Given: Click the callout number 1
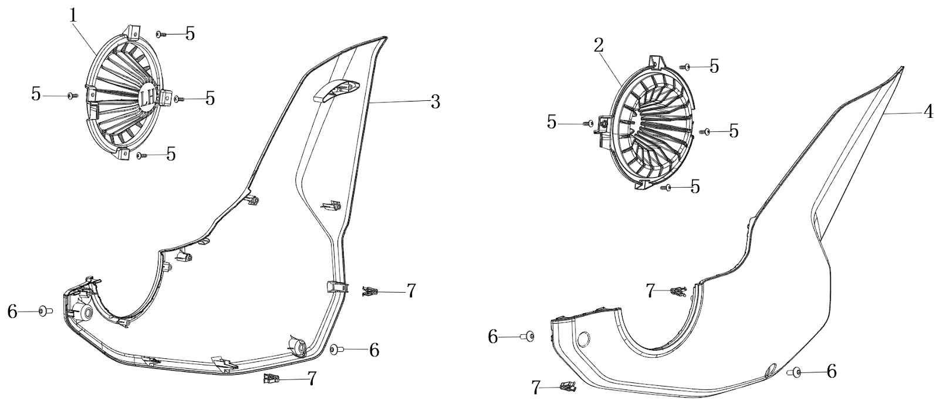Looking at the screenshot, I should click(73, 15).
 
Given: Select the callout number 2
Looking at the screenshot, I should click(599, 46).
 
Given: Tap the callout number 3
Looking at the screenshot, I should click(434, 101).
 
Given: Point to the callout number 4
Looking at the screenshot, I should click(928, 111).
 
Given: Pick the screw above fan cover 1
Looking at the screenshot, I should click(161, 35).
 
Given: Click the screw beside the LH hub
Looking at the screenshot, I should click(179, 99).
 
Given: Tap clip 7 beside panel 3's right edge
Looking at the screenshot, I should click(370, 290).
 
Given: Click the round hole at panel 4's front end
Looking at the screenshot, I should click(584, 338).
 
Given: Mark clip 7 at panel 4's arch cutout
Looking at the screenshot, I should click(678, 291).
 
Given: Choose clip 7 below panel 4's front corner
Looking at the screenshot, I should click(568, 386).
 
